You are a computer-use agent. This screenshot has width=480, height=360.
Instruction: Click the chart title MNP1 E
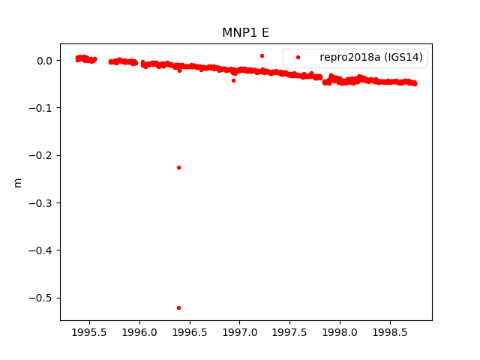point(245,33)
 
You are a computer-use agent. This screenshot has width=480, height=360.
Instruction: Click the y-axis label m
point(18,182)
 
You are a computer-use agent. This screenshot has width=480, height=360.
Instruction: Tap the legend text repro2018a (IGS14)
point(371,57)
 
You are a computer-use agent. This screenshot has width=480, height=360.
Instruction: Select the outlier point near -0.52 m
point(178,307)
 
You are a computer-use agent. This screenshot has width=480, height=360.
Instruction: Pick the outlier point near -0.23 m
point(178,167)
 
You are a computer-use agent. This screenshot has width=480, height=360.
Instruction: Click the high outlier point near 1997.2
point(262,55)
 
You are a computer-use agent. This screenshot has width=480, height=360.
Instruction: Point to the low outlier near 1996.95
point(233,80)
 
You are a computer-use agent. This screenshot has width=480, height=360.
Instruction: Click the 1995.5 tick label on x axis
point(89,332)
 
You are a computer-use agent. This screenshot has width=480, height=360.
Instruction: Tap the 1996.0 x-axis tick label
point(139,332)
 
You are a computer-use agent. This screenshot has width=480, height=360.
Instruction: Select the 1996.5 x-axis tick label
point(190,332)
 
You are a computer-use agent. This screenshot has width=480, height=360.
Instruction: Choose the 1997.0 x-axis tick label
point(240,332)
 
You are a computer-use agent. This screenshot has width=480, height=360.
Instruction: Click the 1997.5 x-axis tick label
point(290,332)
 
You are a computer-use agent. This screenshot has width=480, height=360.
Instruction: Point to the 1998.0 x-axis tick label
point(340,332)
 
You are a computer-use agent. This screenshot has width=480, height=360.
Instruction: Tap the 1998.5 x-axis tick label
point(390,332)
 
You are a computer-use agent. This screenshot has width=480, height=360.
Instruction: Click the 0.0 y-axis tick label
point(44,61)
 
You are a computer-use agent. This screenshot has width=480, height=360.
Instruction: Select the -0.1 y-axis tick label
point(40,108)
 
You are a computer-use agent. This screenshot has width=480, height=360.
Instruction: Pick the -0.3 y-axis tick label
point(40,203)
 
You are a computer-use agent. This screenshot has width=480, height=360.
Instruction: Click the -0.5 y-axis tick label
point(40,298)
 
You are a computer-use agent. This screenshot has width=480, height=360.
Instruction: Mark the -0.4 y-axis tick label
point(40,250)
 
